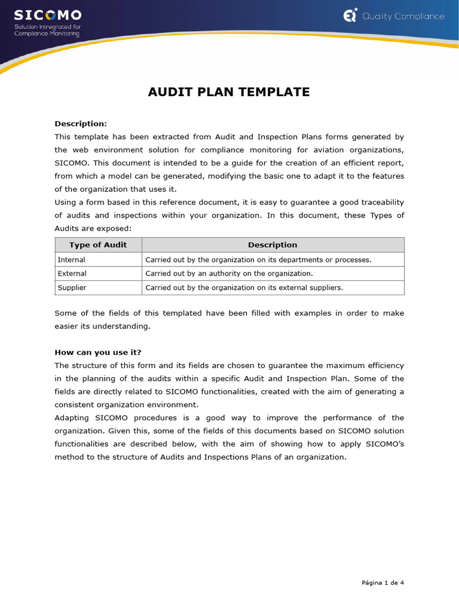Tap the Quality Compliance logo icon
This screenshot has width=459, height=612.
click(x=350, y=16)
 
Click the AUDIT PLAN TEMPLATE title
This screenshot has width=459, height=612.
click(x=229, y=92)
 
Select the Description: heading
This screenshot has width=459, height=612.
click(x=81, y=124)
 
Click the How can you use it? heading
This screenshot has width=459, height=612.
click(x=98, y=352)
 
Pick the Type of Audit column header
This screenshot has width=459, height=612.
click(x=98, y=245)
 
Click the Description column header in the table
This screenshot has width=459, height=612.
click(x=273, y=245)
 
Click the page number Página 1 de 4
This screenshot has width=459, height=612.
click(x=382, y=583)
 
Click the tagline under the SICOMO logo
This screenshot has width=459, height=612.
click(x=47, y=30)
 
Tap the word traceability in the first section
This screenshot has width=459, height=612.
click(x=380, y=203)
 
